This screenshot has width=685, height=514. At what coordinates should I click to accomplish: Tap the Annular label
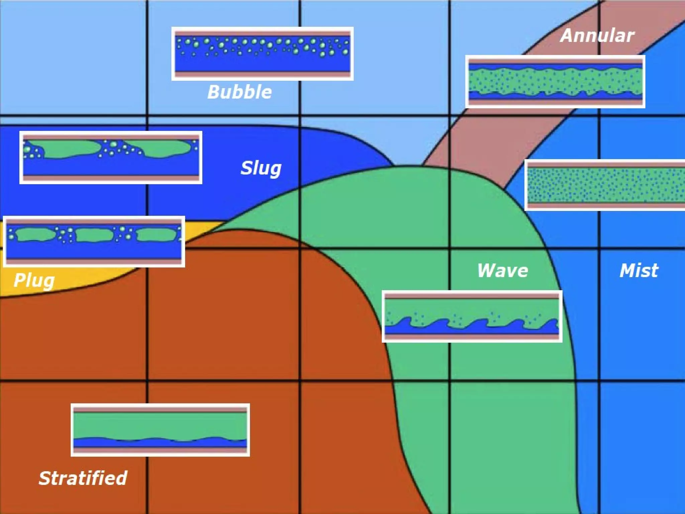(597, 35)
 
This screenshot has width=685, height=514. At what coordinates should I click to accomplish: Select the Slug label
(261, 168)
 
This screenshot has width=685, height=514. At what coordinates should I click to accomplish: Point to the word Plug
(34, 280)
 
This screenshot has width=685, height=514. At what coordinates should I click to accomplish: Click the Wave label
(502, 270)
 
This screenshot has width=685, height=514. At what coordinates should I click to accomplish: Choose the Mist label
(639, 270)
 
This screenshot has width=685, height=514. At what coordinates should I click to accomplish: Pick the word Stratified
(83, 478)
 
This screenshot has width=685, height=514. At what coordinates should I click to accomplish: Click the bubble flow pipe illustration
(263, 54)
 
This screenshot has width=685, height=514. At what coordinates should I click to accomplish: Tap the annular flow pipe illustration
(555, 82)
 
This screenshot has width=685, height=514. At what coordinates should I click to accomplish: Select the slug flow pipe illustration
(111, 157)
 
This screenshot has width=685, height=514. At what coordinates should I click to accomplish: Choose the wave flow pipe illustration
(472, 316)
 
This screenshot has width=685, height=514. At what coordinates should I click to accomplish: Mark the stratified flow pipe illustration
(160, 430)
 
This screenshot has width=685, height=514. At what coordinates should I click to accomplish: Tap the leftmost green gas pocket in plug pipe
(35, 234)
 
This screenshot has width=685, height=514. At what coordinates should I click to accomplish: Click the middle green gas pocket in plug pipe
(94, 235)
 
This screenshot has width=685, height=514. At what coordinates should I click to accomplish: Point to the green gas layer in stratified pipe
(160, 424)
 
